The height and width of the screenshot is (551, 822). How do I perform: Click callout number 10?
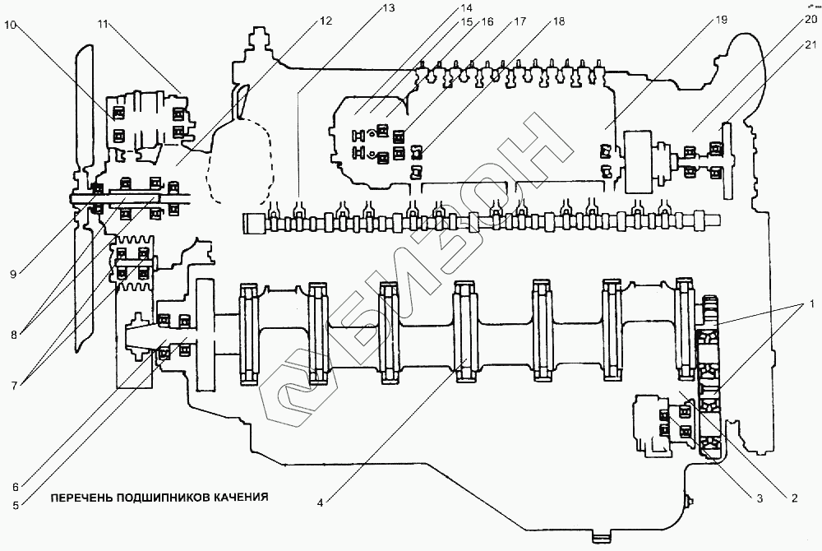[x=11, y=25]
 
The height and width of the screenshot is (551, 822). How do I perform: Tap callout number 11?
[x=103, y=24]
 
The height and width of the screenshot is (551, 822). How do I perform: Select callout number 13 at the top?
[x=389, y=8]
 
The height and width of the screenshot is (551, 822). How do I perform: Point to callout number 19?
[x=721, y=20]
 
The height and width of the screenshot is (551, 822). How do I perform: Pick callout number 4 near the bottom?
[x=320, y=502]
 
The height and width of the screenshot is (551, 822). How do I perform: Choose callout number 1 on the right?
[x=810, y=303]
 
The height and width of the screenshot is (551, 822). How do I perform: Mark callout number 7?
[x=14, y=386]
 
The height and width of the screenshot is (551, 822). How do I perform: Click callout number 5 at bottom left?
[x=16, y=506]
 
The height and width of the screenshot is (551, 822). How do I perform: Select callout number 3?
[x=760, y=498]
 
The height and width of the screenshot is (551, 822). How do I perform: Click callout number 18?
[x=559, y=21]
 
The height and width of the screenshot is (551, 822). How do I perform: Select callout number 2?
[x=794, y=498]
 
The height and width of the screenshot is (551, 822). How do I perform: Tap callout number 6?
[x=16, y=487]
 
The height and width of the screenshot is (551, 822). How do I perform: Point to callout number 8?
[x=14, y=335]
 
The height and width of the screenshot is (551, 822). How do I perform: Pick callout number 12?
[x=326, y=21]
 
